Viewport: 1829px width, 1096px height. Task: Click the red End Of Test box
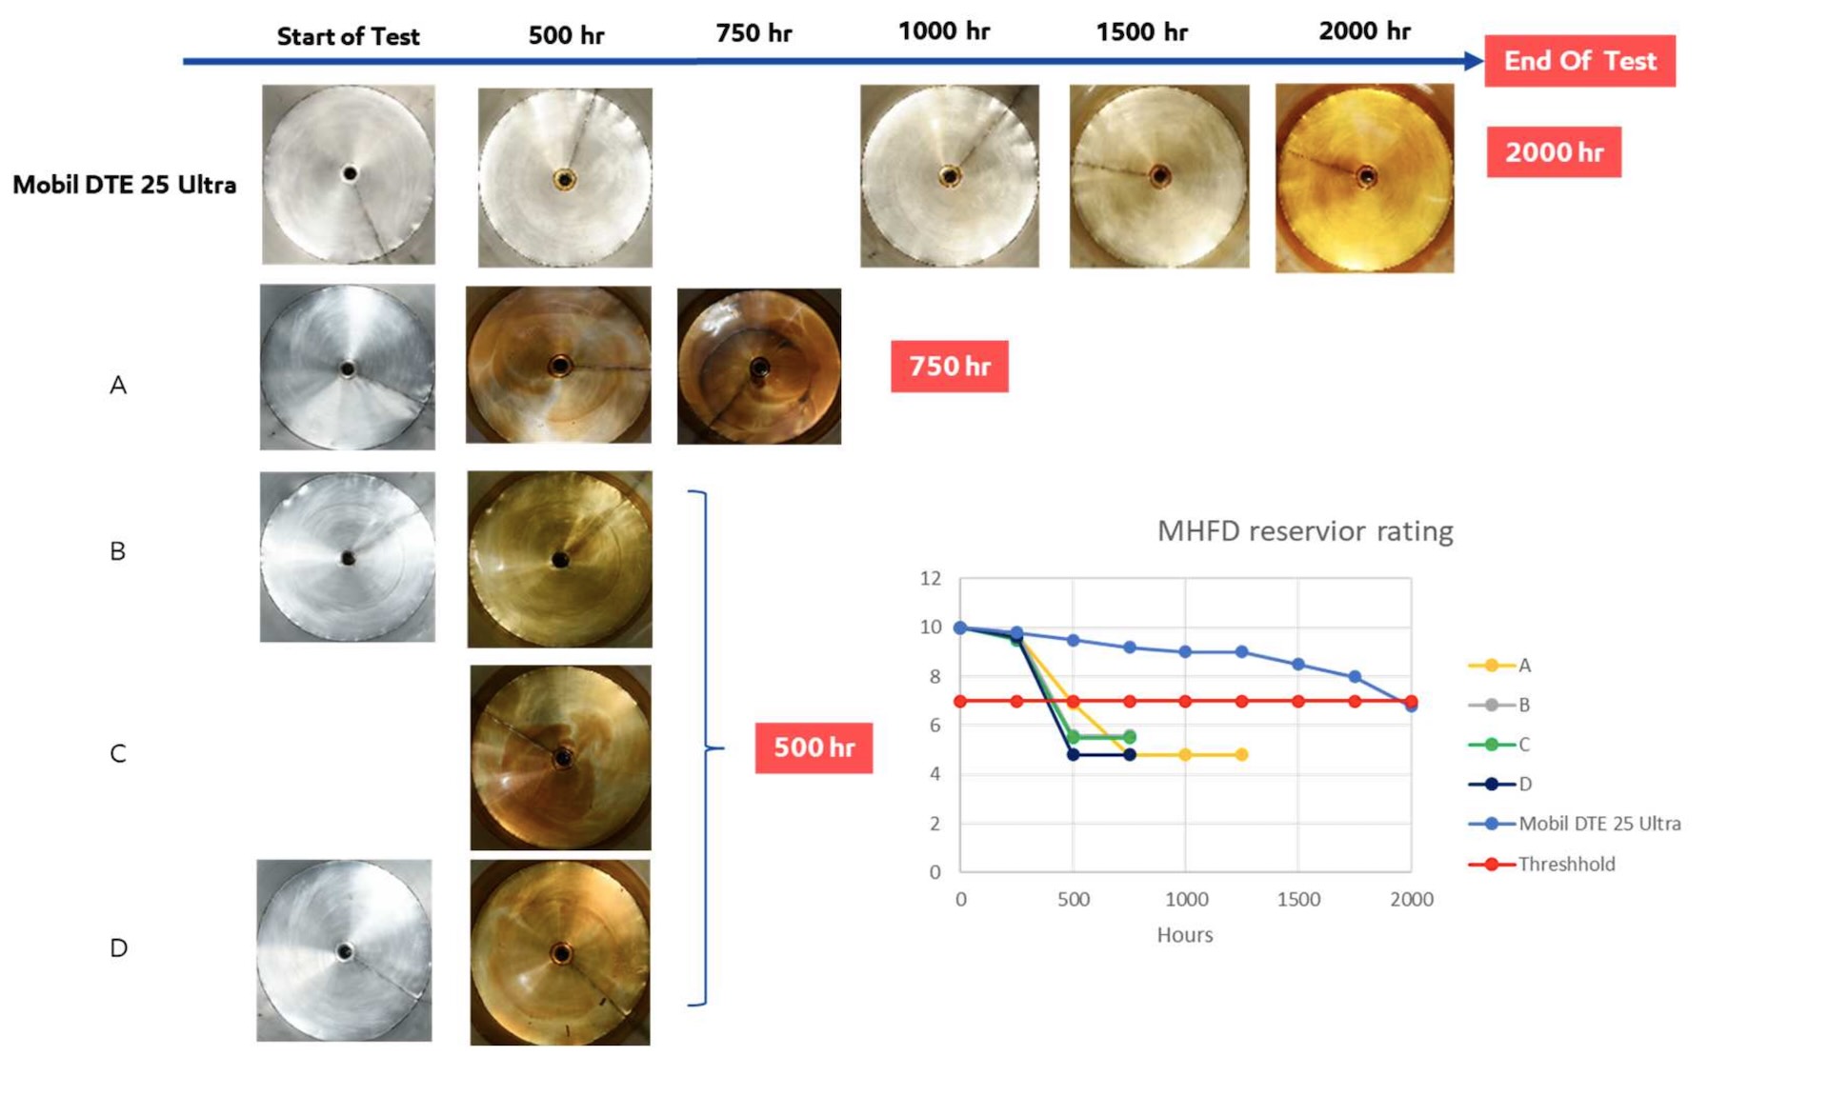pyautogui.click(x=1579, y=61)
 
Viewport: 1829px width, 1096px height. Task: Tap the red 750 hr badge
pyautogui.click(x=949, y=366)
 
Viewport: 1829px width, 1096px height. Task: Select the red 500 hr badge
pyautogui.click(x=814, y=747)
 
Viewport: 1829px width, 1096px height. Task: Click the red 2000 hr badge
pyautogui.click(x=1554, y=152)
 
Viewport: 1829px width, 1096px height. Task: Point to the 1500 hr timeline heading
pyautogui.click(x=1141, y=32)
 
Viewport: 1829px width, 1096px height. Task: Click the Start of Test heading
pyautogui.click(x=348, y=36)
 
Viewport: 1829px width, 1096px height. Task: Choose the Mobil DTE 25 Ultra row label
pyautogui.click(x=124, y=185)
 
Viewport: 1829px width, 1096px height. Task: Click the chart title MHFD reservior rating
pyautogui.click(x=1304, y=531)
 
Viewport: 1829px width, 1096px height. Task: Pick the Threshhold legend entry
pyautogui.click(x=1565, y=865)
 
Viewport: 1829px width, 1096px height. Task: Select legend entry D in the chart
pyautogui.click(x=1524, y=785)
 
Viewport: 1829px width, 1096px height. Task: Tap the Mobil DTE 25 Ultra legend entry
pyautogui.click(x=1598, y=824)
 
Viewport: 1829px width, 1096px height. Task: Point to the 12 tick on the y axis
pyautogui.click(x=931, y=578)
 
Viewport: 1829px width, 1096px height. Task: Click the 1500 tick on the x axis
pyautogui.click(x=1298, y=900)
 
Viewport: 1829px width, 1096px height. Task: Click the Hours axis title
pyautogui.click(x=1184, y=935)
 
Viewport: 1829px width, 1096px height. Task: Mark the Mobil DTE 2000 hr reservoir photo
pyautogui.click(x=1364, y=178)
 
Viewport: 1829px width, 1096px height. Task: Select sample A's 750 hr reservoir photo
pyautogui.click(x=758, y=367)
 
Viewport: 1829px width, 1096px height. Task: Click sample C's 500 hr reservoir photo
pyautogui.click(x=560, y=757)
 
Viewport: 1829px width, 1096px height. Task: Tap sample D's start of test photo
pyautogui.click(x=344, y=950)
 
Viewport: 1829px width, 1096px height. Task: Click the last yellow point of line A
pyautogui.click(x=1241, y=755)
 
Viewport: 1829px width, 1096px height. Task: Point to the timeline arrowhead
pyautogui.click(x=1474, y=61)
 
